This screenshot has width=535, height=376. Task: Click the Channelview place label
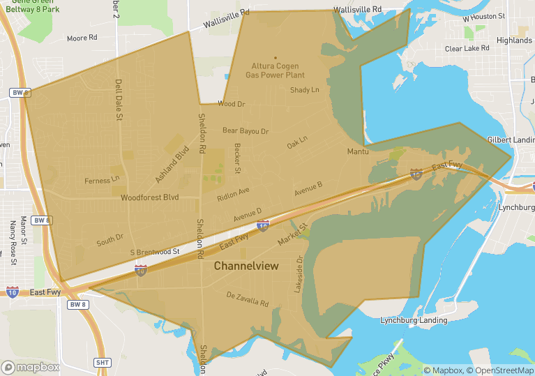246,266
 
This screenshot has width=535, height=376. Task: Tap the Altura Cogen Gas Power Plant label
276,70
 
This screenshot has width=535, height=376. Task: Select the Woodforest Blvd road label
149,197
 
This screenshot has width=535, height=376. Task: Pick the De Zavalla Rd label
248,299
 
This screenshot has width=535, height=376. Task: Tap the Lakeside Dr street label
299,273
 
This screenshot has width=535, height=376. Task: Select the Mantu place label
358,151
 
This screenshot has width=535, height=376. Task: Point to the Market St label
292,234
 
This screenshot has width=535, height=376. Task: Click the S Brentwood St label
155,251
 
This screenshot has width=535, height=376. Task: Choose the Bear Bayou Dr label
245,130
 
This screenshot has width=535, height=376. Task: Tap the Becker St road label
238,158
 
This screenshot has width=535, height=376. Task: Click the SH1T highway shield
103,362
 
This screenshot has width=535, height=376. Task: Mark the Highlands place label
514,40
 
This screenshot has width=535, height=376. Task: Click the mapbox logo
31,367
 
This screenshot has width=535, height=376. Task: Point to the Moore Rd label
82,38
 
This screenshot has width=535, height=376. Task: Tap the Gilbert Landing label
511,140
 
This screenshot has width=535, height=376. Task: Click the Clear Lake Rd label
467,49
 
